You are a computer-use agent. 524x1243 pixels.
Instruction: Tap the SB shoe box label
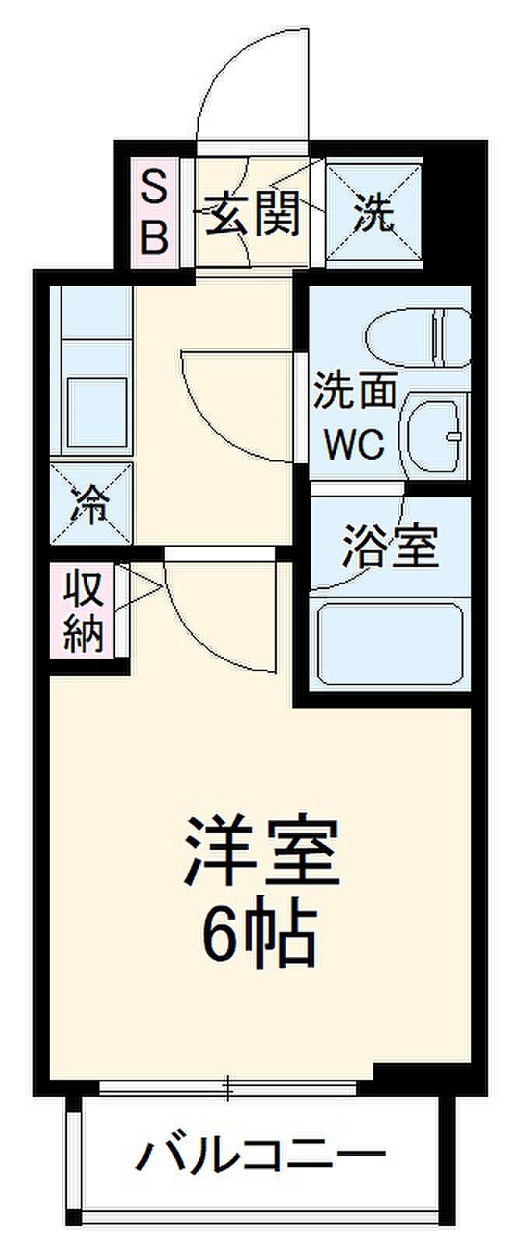point(154,211)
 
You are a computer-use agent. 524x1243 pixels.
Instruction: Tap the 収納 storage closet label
point(82,611)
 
